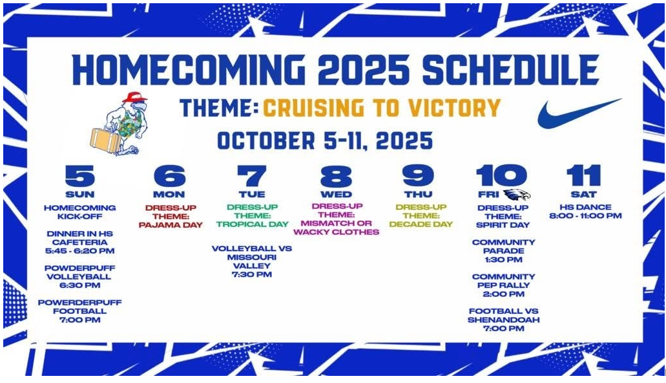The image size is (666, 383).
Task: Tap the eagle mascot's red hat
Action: click(x=134, y=96)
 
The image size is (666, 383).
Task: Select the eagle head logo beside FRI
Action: click(x=517, y=195)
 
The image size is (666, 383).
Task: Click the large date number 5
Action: click(x=80, y=176)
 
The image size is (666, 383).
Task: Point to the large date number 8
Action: click(x=336, y=176)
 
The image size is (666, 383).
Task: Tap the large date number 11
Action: click(x=583, y=176)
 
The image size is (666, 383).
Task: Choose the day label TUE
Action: click(x=252, y=195)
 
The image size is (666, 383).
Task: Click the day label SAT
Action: click(x=583, y=195)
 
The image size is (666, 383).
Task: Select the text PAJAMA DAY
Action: click(x=171, y=225)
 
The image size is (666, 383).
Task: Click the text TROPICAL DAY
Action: click(x=253, y=224)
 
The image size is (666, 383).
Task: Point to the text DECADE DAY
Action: click(x=421, y=224)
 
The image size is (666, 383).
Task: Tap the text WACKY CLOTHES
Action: click(x=336, y=232)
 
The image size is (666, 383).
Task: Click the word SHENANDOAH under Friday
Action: click(x=503, y=320)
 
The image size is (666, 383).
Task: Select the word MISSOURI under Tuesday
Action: click(x=252, y=257)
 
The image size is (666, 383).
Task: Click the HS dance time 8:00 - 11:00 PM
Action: click(x=585, y=215)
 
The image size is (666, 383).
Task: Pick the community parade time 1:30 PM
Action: click(x=503, y=259)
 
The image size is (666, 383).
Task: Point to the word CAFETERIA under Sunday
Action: click(x=80, y=242)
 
